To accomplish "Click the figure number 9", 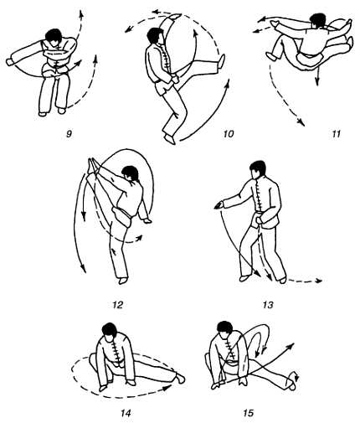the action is tap(69, 134).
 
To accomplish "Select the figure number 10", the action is tap(228, 134).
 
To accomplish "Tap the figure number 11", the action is tap(336, 134).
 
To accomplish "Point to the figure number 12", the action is tap(117, 305).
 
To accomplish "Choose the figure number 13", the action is tap(268, 305).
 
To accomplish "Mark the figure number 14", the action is tap(126, 413).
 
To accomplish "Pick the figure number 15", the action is tap(249, 413).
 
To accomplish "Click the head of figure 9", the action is tap(54, 36).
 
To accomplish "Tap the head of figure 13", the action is tap(258, 169).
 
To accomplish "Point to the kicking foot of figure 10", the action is tap(222, 61).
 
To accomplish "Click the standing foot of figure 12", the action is tap(122, 281).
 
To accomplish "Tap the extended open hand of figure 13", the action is tap(219, 205).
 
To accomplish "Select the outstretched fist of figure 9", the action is tap(10, 62).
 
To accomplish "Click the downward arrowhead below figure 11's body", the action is tap(317, 81).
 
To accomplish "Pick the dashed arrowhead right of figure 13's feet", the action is tap(319, 281).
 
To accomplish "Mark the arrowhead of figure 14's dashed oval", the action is tap(168, 388).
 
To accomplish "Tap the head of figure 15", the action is tap(225, 329).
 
